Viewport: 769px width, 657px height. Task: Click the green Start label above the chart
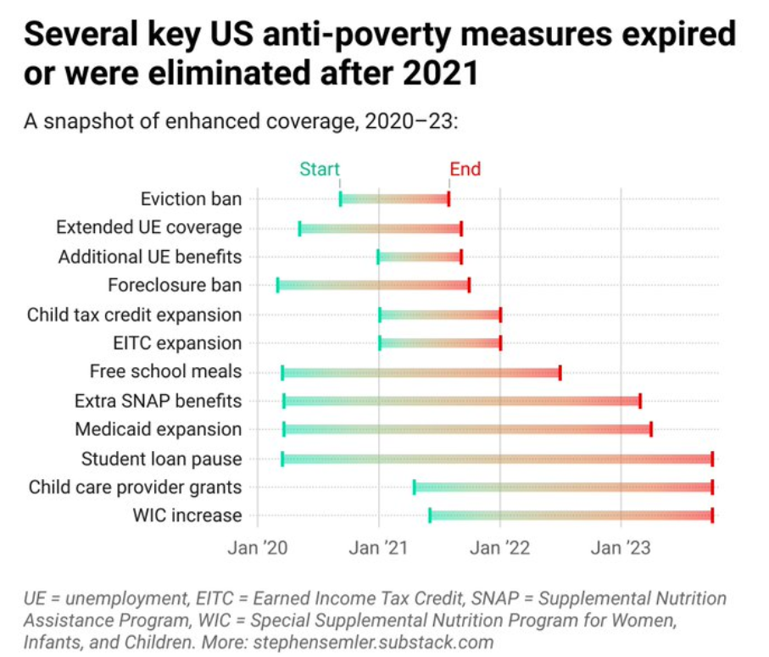[319, 169]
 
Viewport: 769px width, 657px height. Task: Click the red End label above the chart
[465, 169]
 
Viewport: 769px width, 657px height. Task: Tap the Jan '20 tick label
[257, 548]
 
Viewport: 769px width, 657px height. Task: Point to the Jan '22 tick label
[500, 548]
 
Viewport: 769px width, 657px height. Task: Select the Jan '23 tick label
[621, 548]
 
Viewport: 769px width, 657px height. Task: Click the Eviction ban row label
[191, 199]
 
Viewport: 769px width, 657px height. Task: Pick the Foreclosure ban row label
[175, 286]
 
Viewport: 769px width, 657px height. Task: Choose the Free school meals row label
[165, 372]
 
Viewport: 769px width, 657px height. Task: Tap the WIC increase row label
[187, 515]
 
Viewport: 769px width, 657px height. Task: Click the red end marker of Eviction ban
[449, 199]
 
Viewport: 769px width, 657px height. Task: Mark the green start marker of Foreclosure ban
[277, 286]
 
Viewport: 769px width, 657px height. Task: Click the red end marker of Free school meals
[560, 372]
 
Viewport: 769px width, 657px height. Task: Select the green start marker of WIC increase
[430, 515]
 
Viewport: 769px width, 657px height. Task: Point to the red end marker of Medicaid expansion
[650, 429]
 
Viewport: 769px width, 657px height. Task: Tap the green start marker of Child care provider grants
[414, 487]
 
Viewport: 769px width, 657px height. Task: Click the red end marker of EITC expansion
[500, 343]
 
